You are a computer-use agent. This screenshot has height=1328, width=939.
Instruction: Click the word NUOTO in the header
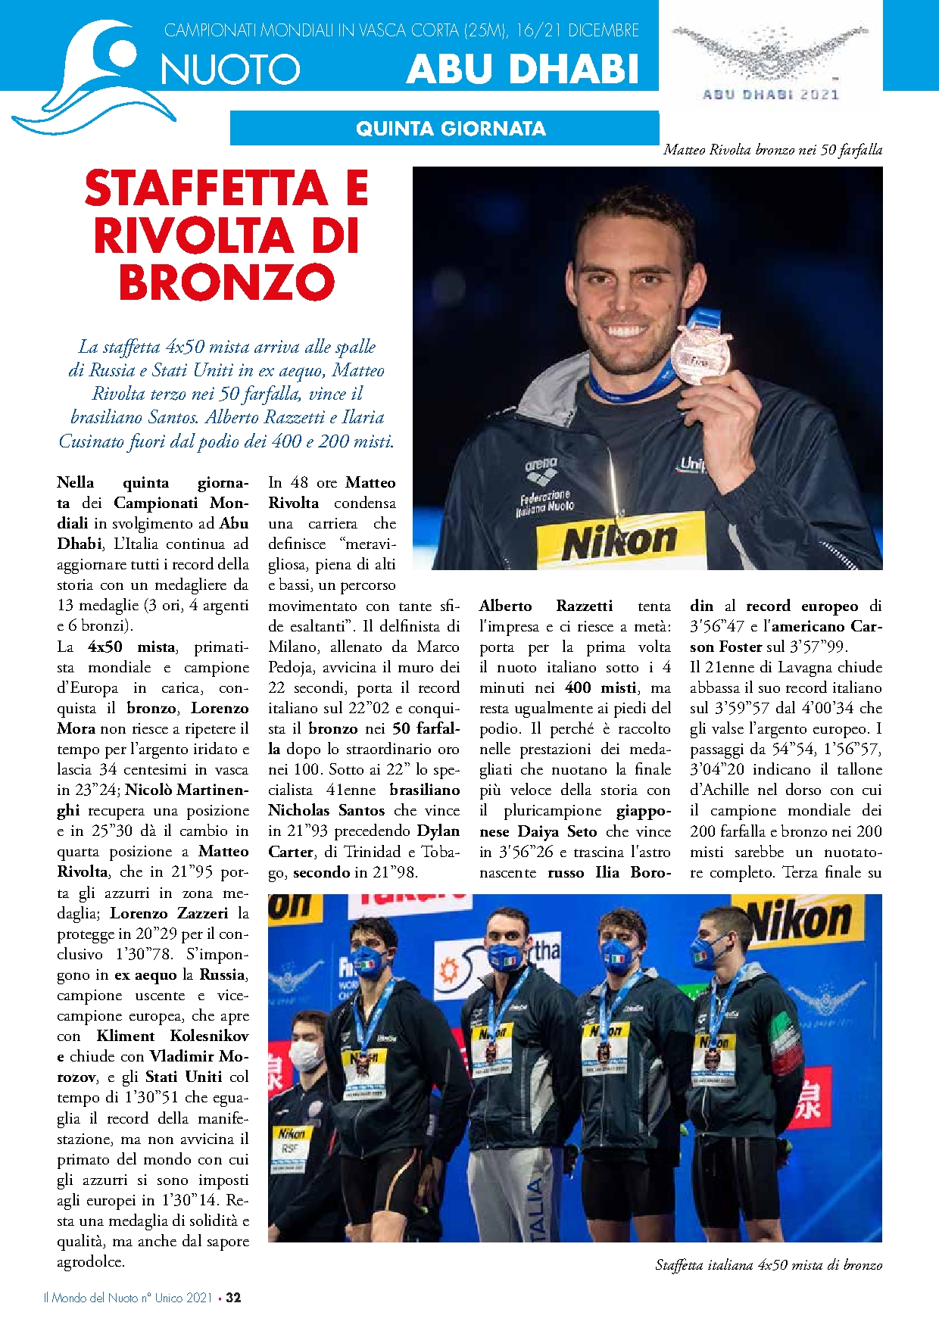coord(230,70)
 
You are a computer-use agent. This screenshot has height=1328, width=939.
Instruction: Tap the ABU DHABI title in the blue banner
coord(523,69)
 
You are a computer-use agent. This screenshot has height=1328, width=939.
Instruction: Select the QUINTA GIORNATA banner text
coord(451,129)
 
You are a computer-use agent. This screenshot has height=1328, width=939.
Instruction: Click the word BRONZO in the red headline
coord(226,282)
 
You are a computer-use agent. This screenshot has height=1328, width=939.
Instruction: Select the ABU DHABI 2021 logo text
coord(771,95)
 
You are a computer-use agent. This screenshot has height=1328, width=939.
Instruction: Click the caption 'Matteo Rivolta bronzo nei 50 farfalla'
coord(772,150)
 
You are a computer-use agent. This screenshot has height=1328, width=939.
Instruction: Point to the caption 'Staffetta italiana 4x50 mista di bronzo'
coord(768,1264)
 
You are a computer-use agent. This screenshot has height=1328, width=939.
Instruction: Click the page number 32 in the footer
coord(233,1297)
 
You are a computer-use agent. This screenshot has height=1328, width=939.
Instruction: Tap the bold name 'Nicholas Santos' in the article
coord(326,810)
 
